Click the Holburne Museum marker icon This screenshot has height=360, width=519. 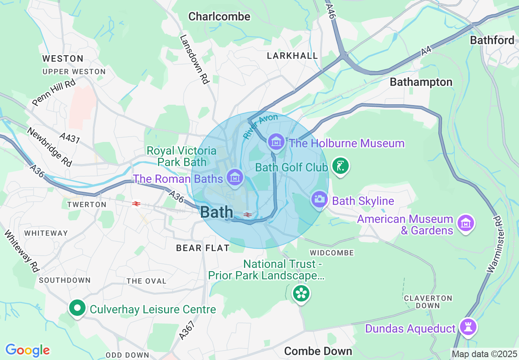click(276, 142)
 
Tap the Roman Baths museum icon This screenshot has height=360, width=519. click(235, 177)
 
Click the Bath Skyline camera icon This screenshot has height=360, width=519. click(319, 199)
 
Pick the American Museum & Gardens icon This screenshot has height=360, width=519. click(466, 223)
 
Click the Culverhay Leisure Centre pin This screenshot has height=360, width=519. click(77, 308)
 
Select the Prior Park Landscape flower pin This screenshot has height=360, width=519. click(301, 293)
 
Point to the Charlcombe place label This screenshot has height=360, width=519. click(219, 16)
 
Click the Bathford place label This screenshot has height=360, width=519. click(492, 40)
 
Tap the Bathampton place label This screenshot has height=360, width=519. click(421, 82)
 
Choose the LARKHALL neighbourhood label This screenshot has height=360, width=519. click(292, 56)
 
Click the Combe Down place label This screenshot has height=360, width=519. click(318, 351)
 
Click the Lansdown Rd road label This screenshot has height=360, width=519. click(194, 59)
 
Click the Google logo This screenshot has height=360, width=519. click(27, 350)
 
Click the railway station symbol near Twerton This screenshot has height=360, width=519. click(136, 203)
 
